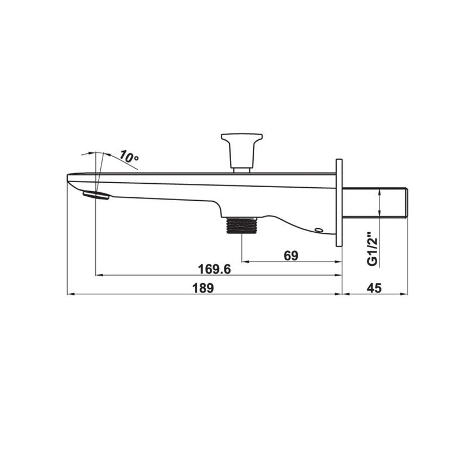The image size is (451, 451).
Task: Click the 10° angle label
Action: tap(130, 156)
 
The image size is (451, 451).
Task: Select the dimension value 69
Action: tap(291, 255)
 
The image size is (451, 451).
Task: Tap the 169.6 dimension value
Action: tap(215, 269)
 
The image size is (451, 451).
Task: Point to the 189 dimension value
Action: tap(203, 288)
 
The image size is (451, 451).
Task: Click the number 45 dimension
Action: tap(374, 288)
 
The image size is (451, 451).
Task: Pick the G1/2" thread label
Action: tap(373, 249)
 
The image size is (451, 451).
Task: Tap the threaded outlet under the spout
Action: tap(241, 225)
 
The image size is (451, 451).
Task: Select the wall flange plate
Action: tap(339, 202)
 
